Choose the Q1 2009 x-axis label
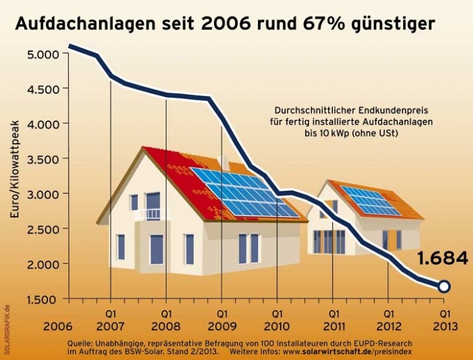coord(222,319)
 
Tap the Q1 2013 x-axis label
coord(444,319)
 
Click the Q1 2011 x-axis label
coord(333,319)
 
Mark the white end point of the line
coord(444,286)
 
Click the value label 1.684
coord(443,258)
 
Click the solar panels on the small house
coord(371,201)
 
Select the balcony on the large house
coord(152,214)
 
